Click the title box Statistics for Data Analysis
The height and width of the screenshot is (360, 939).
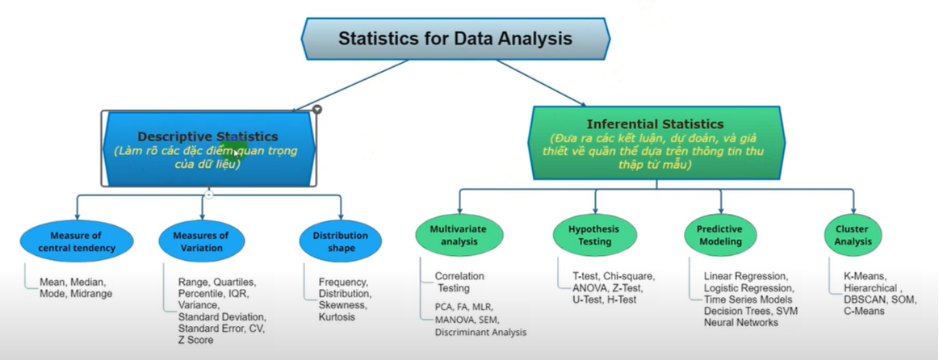pyautogui.click(x=455, y=39)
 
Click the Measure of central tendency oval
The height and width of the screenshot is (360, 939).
pyautogui.click(x=77, y=241)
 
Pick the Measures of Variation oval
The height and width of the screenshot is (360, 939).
pyautogui.click(x=201, y=241)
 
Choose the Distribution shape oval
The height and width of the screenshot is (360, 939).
pyautogui.click(x=341, y=241)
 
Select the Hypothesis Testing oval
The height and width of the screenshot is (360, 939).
pyautogui.click(x=595, y=235)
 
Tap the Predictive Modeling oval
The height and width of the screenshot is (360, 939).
pyautogui.click(x=719, y=235)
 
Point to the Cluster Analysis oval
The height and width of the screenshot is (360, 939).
pyautogui.click(x=853, y=235)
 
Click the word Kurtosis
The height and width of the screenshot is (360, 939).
pyautogui.click(x=337, y=317)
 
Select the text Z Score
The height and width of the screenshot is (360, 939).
pyautogui.click(x=196, y=340)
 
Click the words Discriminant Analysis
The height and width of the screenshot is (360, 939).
pyautogui.click(x=480, y=332)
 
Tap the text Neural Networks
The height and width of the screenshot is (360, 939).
pyautogui.click(x=740, y=322)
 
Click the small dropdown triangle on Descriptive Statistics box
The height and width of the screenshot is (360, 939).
pyautogui.click(x=317, y=109)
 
